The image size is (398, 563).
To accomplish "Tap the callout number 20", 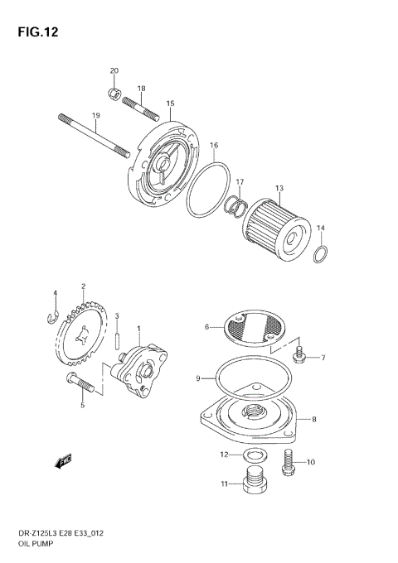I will (x=114, y=70).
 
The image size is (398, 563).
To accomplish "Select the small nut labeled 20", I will (x=114, y=92).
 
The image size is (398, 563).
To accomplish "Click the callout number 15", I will (x=169, y=103).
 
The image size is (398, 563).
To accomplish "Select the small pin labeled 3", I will (x=118, y=339).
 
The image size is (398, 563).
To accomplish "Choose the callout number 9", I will (x=198, y=378).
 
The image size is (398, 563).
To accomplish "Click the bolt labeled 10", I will (x=289, y=461).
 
